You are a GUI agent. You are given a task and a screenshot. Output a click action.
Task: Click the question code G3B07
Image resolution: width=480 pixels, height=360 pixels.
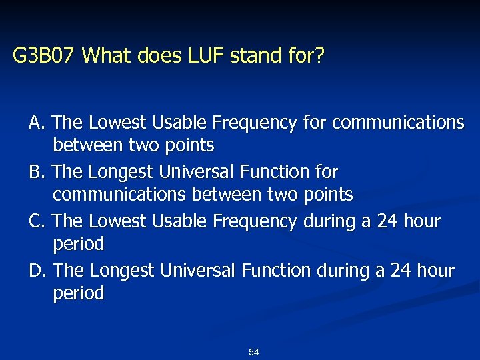pyautogui.click(x=46, y=56)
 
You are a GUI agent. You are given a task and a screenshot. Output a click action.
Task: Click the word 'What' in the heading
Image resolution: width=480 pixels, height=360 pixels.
pyautogui.click(x=109, y=56)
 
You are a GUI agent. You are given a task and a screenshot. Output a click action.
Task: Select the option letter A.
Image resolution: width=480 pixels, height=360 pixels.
pyautogui.click(x=36, y=123)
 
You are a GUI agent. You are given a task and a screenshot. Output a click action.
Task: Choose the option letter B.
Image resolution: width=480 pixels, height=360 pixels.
pyautogui.click(x=36, y=173)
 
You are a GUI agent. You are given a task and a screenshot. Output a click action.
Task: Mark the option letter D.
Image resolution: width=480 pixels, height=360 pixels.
pyautogui.click(x=37, y=271)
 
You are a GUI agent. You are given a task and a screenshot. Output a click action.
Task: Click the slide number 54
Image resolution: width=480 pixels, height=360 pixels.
pyautogui.click(x=253, y=351)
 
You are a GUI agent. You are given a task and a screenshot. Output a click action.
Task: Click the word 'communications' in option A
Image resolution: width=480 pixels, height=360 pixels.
pyautogui.click(x=398, y=123)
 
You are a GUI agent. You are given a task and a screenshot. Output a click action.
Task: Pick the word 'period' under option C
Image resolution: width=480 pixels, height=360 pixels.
pyautogui.click(x=79, y=244)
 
